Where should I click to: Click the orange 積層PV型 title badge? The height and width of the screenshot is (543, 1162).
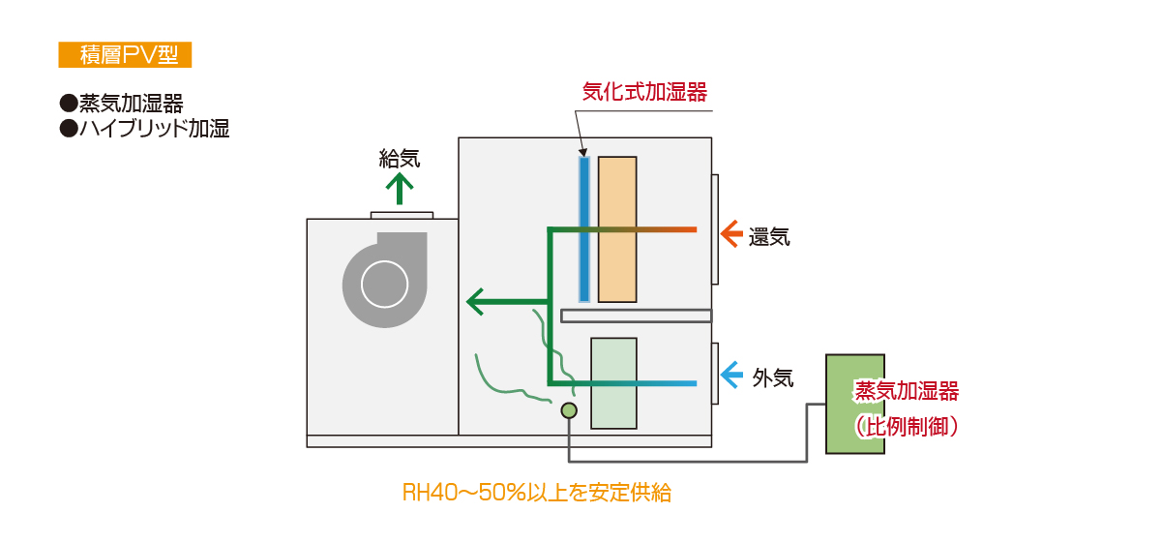point(125,54)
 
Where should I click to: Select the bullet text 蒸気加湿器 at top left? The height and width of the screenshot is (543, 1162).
point(132,104)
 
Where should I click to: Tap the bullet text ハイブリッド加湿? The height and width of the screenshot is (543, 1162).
point(154,128)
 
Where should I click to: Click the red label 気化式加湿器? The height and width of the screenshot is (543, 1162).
point(644,92)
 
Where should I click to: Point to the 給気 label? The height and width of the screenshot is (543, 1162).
point(400,159)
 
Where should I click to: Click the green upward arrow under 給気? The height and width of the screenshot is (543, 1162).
point(400,189)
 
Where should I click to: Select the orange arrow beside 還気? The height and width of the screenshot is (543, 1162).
point(732,234)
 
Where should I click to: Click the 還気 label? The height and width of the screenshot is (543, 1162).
point(769,237)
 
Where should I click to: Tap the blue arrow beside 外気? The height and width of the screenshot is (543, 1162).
point(732,375)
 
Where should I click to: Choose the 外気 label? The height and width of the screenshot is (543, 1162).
point(773,378)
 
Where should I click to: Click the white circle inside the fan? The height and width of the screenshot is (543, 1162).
point(384,285)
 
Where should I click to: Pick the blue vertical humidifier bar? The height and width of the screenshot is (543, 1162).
point(584,229)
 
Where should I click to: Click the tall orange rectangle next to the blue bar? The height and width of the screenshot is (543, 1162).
point(617,229)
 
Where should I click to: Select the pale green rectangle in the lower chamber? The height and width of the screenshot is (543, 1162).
point(613,383)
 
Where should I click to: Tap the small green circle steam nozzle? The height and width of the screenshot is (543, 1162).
point(569,410)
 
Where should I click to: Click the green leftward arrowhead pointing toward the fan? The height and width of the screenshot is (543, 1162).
point(475,302)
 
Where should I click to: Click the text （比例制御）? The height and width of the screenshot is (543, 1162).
point(907,427)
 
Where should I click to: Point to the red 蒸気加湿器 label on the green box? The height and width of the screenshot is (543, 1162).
point(907,391)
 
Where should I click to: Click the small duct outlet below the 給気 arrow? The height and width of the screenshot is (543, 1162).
point(402,216)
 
